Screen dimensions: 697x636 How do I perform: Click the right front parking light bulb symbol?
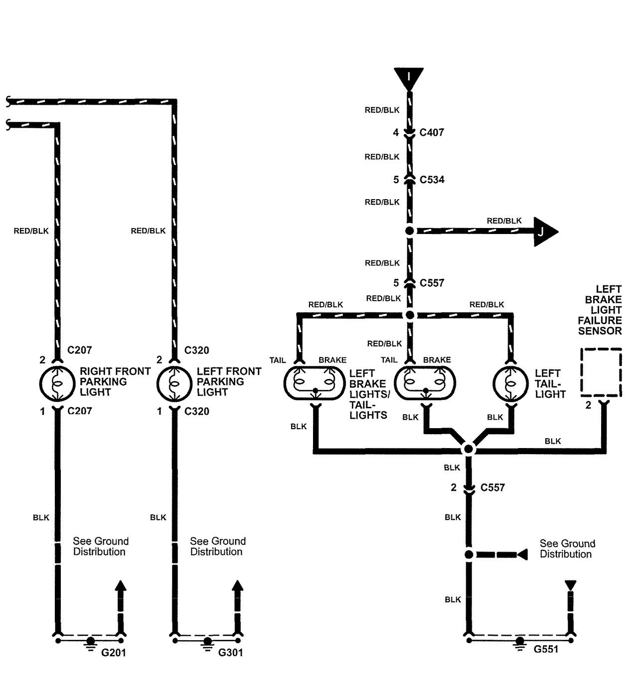click(57, 383)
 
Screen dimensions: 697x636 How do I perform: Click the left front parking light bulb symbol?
click(174, 383)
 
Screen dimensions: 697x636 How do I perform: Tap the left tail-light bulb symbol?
click(510, 384)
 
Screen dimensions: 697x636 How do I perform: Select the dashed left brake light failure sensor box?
click(601, 372)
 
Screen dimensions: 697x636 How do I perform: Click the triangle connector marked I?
click(409, 79)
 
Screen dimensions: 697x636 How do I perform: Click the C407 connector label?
click(432, 132)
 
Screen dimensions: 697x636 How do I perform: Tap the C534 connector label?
click(432, 180)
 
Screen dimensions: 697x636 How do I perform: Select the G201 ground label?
click(114, 653)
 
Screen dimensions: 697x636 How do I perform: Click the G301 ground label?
click(231, 653)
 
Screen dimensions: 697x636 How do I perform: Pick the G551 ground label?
click(546, 649)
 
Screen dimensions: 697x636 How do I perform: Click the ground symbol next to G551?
click(520, 643)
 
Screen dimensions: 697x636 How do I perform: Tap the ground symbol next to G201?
click(90, 643)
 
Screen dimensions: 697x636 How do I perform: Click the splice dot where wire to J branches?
click(409, 231)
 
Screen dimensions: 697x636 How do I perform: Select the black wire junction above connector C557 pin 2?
click(468, 450)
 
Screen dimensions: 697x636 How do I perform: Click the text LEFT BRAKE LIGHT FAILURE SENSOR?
click(603, 310)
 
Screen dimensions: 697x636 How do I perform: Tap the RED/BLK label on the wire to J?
click(504, 221)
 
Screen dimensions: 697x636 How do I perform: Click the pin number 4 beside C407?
click(396, 132)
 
